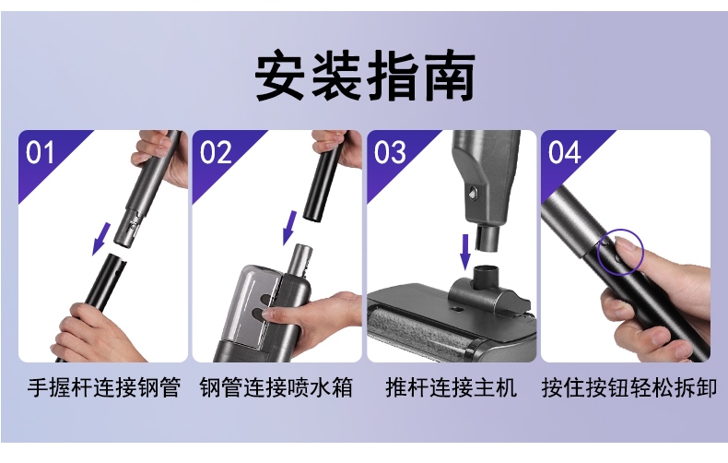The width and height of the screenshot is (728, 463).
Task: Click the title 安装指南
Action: tap(365, 76)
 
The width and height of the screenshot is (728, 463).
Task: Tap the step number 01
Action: tap(40, 152)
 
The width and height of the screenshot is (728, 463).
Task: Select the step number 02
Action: tap(215, 152)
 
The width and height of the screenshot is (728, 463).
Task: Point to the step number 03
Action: tap(389, 152)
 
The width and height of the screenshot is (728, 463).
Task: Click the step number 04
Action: tap(564, 152)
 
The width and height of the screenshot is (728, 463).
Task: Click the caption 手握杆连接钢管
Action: tap(103, 387)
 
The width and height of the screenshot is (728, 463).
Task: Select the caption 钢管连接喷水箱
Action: tap(276, 387)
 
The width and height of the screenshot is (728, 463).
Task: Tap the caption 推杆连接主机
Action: tap(451, 387)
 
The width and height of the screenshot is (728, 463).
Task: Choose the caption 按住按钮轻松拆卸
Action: tap(629, 387)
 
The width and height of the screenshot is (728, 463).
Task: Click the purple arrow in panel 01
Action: tap(101, 239)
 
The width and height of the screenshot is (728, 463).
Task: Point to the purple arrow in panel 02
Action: tap(289, 228)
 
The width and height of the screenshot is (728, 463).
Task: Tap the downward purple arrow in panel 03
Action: tap(464, 252)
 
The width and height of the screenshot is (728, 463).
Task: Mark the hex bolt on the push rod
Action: tap(473, 192)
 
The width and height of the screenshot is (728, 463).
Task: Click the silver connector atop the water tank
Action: tap(299, 259)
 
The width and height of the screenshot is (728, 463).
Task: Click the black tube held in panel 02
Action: tap(323, 182)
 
